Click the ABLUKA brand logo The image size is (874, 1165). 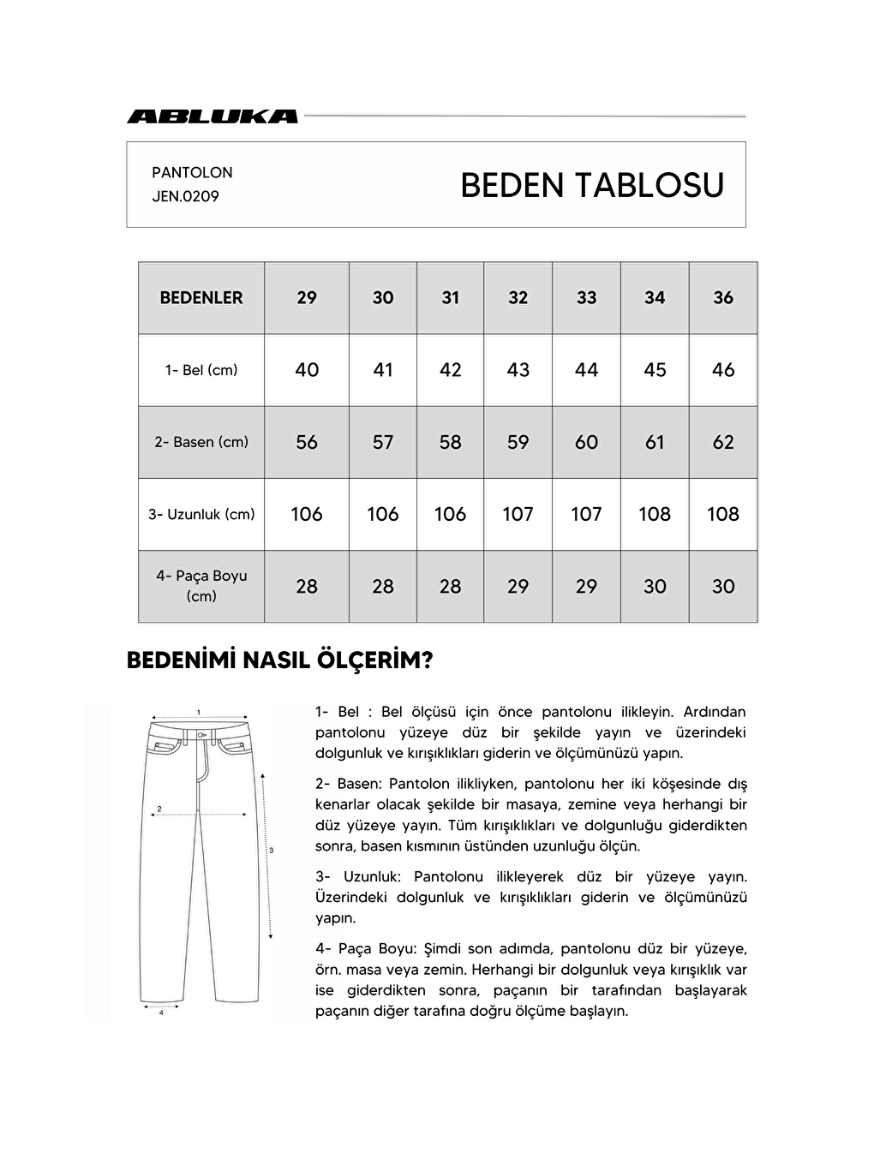click(x=213, y=116)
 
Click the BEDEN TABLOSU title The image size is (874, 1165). click(x=592, y=185)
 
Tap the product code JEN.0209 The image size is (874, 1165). click(x=185, y=196)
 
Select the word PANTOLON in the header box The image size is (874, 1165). click(x=192, y=172)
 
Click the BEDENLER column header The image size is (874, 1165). click(x=201, y=297)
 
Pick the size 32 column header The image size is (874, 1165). click(x=518, y=297)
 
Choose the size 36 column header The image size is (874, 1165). click(x=723, y=297)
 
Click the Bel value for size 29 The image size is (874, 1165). click(x=307, y=370)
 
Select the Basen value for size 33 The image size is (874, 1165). click(x=586, y=442)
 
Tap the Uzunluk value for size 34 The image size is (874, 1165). click(x=655, y=514)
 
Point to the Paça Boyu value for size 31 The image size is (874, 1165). click(x=450, y=587)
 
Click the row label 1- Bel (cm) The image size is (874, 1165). click(x=201, y=370)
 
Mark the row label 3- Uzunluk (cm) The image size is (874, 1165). click(x=201, y=514)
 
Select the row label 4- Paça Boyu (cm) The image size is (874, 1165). click(x=201, y=586)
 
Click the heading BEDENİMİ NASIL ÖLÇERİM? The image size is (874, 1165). click(x=279, y=660)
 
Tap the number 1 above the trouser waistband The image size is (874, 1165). click(x=199, y=712)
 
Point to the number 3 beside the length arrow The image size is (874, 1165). click(x=271, y=851)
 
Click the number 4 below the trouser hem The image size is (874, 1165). click(x=161, y=1013)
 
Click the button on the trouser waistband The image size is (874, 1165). click(x=200, y=735)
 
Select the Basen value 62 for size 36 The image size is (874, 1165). click(x=723, y=442)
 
